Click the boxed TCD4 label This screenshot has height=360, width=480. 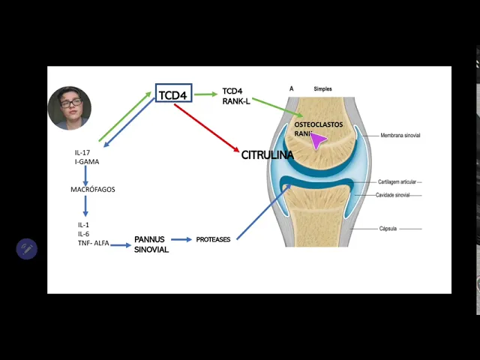pyautogui.click(x=173, y=95)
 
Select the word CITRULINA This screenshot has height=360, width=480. pyautogui.click(x=267, y=155)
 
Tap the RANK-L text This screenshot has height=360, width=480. pyautogui.click(x=236, y=101)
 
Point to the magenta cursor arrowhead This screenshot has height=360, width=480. pyautogui.click(x=318, y=140)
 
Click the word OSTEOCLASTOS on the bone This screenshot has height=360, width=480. pyautogui.click(x=318, y=124)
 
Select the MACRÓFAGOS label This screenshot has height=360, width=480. pyautogui.click(x=93, y=190)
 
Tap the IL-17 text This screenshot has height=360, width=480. pyautogui.click(x=82, y=153)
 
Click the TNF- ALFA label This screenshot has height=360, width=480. pyautogui.click(x=93, y=243)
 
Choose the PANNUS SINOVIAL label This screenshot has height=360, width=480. pyautogui.click(x=151, y=244)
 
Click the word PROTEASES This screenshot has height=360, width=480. pyautogui.click(x=213, y=240)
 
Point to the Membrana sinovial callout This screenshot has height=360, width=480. pyautogui.click(x=400, y=136)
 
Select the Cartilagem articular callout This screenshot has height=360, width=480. pyautogui.click(x=398, y=181)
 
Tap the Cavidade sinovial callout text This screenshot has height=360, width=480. pyautogui.click(x=393, y=195)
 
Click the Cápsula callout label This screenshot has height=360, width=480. pyautogui.click(x=388, y=229)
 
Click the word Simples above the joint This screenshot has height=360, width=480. pyautogui.click(x=322, y=88)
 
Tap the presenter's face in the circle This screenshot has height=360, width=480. pyautogui.click(x=69, y=106)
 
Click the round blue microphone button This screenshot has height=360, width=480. pyautogui.click(x=27, y=249)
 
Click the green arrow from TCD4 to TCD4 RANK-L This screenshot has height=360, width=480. pyautogui.click(x=205, y=94)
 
